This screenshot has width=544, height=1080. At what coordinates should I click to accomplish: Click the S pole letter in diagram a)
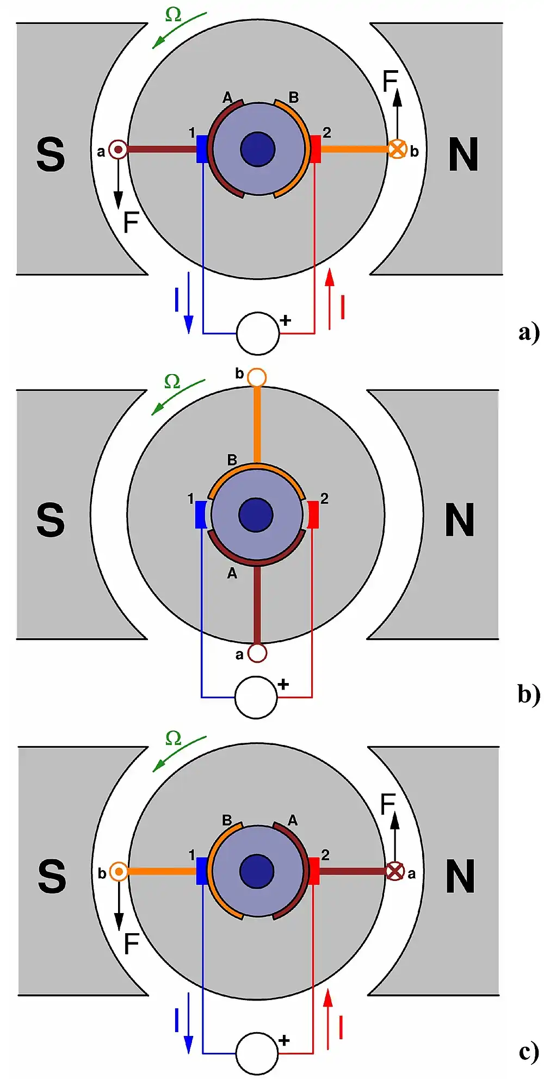(51, 155)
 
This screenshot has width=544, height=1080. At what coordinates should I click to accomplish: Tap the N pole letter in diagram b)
(460, 520)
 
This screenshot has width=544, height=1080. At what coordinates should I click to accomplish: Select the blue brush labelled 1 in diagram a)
(202, 148)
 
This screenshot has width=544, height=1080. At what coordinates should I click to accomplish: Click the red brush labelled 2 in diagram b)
(313, 514)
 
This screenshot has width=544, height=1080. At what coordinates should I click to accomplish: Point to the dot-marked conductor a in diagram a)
(118, 149)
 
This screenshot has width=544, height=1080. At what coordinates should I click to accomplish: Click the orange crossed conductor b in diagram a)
(397, 148)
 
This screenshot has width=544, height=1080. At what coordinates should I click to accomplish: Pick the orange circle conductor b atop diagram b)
(257, 377)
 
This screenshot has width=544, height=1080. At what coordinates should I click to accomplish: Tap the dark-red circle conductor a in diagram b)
(257, 653)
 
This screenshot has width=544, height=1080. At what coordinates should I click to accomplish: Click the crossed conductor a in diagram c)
(395, 871)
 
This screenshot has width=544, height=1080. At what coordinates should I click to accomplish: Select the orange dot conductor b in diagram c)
(119, 872)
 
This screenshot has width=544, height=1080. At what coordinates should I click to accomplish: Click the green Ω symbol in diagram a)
(173, 15)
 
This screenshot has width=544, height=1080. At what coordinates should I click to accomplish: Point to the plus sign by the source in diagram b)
(283, 685)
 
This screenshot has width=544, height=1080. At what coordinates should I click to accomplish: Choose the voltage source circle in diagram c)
(257, 1053)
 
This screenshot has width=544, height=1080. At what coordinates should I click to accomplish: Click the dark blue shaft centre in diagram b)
(256, 514)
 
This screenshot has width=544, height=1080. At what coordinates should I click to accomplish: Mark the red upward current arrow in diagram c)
(328, 1019)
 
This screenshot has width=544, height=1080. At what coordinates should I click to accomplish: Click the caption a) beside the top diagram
(528, 332)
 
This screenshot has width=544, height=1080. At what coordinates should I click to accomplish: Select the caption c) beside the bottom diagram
(528, 1051)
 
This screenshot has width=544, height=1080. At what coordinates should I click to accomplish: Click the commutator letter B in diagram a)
(294, 97)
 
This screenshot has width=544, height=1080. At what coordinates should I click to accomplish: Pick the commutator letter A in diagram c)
(293, 820)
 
